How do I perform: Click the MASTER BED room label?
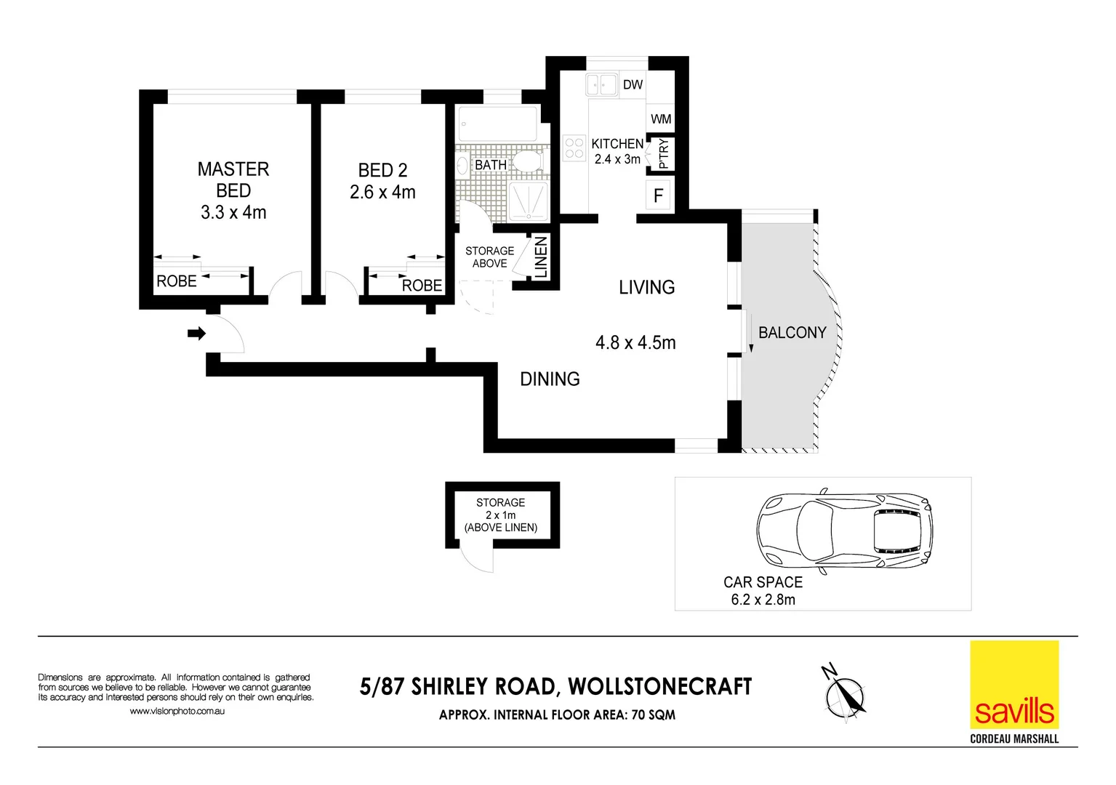(233, 180)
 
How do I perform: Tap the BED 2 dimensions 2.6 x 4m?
(382, 193)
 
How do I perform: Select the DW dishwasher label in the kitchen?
(633, 85)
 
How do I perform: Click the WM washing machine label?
(661, 119)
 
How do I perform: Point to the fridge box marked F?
(659, 196)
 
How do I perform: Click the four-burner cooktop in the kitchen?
(574, 148)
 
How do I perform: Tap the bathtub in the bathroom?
(498, 124)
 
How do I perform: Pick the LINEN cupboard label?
(541, 257)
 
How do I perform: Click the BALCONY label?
(792, 333)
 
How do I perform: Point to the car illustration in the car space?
(844, 528)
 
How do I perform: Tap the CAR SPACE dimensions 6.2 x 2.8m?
(763, 600)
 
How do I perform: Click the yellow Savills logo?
(1014, 685)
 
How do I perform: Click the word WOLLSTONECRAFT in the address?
(659, 687)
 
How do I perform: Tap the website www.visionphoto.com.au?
(177, 711)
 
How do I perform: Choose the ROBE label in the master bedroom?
(177, 281)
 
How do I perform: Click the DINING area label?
(550, 379)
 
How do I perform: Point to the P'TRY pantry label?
(662, 154)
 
